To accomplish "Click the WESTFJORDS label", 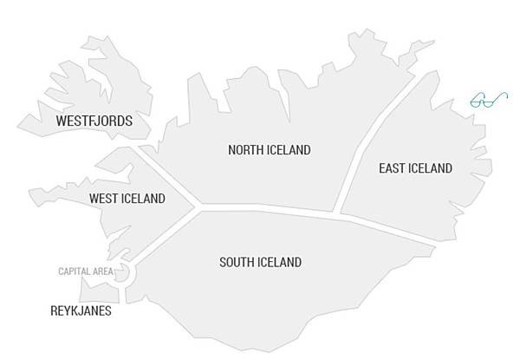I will [94, 121].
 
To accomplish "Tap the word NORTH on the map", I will [245, 150].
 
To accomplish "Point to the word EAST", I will [393, 168].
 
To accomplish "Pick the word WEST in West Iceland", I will [104, 199].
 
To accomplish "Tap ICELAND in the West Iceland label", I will [143, 199].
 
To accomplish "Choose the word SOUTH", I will [237, 262].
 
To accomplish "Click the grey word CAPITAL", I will [75, 272].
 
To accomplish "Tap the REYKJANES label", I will [80, 311].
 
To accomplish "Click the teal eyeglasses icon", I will [489, 100].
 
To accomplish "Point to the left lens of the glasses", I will [479, 101].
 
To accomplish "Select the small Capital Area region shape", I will [122, 272].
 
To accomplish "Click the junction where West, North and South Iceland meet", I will [198, 208].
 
